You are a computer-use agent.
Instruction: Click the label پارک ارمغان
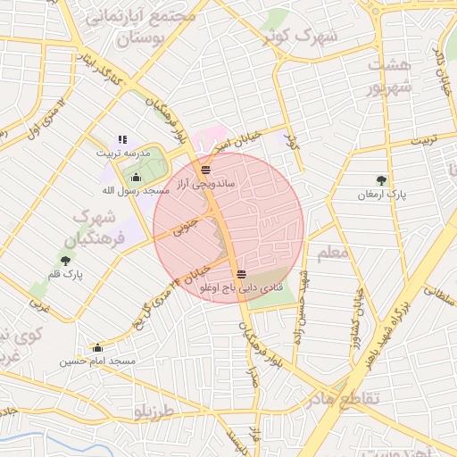[382, 194]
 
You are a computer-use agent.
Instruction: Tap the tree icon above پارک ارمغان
[382, 180]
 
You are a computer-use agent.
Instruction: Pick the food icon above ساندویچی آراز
[206, 168]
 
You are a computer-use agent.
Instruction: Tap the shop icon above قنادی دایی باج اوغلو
[242, 273]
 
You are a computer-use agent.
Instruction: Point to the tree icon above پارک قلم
[65, 260]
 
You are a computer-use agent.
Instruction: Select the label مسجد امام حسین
[98, 361]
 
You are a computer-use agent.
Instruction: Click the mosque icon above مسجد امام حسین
[97, 348]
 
